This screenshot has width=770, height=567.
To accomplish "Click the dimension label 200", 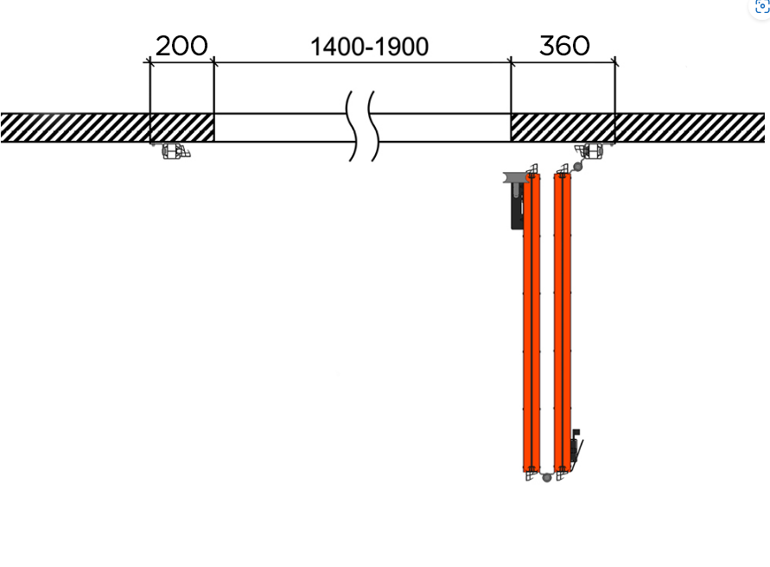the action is tap(181, 46).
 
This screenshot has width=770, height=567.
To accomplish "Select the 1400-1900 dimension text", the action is tap(369, 48).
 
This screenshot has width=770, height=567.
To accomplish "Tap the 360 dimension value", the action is tap(564, 46).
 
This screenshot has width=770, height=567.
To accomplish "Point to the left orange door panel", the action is tap(531, 322).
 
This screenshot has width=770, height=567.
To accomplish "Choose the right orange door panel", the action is tap(563, 322).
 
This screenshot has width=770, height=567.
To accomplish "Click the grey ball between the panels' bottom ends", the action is tap(546, 477).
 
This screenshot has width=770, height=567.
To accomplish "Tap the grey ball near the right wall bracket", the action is tap(578, 167).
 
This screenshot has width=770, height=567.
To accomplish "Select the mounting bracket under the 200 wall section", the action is tap(175, 151).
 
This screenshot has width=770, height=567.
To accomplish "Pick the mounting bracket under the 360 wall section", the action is tap(589, 151).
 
